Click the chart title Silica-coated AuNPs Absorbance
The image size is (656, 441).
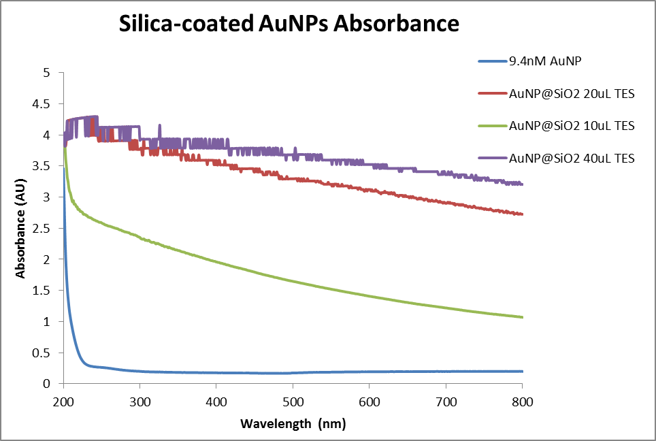point(289,24)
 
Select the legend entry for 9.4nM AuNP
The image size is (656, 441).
point(544,61)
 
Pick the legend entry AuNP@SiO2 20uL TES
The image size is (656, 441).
point(572,93)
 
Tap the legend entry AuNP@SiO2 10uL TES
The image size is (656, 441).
point(572,125)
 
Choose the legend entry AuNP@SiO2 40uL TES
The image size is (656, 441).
point(572,158)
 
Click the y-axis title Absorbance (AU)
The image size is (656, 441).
point(21,228)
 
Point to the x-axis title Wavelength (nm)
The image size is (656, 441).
point(293,424)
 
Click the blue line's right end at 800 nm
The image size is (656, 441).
point(523,371)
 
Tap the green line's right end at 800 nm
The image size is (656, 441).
point(523,317)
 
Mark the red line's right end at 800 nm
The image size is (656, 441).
point(523,214)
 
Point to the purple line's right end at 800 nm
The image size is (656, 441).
point(523,184)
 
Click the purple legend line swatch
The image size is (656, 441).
point(492,158)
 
